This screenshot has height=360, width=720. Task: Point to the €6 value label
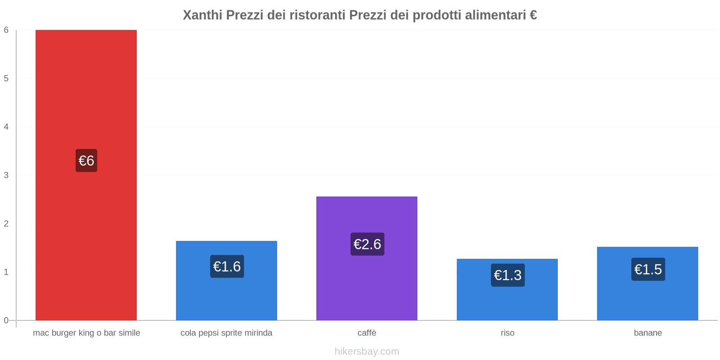[x=86, y=161]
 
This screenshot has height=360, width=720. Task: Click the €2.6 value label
[x=367, y=244]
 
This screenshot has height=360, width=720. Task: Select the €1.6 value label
[x=227, y=266]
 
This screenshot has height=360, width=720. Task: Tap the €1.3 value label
[x=508, y=275]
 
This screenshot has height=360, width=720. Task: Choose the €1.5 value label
[x=648, y=269]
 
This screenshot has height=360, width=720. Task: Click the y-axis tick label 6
[x=6, y=30]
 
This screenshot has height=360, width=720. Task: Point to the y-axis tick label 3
[x=6, y=175]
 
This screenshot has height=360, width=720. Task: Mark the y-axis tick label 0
[x=6, y=320]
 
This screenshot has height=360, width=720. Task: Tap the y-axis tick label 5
[x=6, y=78]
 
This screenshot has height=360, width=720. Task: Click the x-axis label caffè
[x=367, y=333]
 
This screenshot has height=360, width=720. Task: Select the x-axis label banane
[x=648, y=333]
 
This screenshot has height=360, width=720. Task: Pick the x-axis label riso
[x=507, y=333]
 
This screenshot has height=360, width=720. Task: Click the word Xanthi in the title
[x=202, y=15]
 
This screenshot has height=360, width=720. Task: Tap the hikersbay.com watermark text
[x=367, y=351]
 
